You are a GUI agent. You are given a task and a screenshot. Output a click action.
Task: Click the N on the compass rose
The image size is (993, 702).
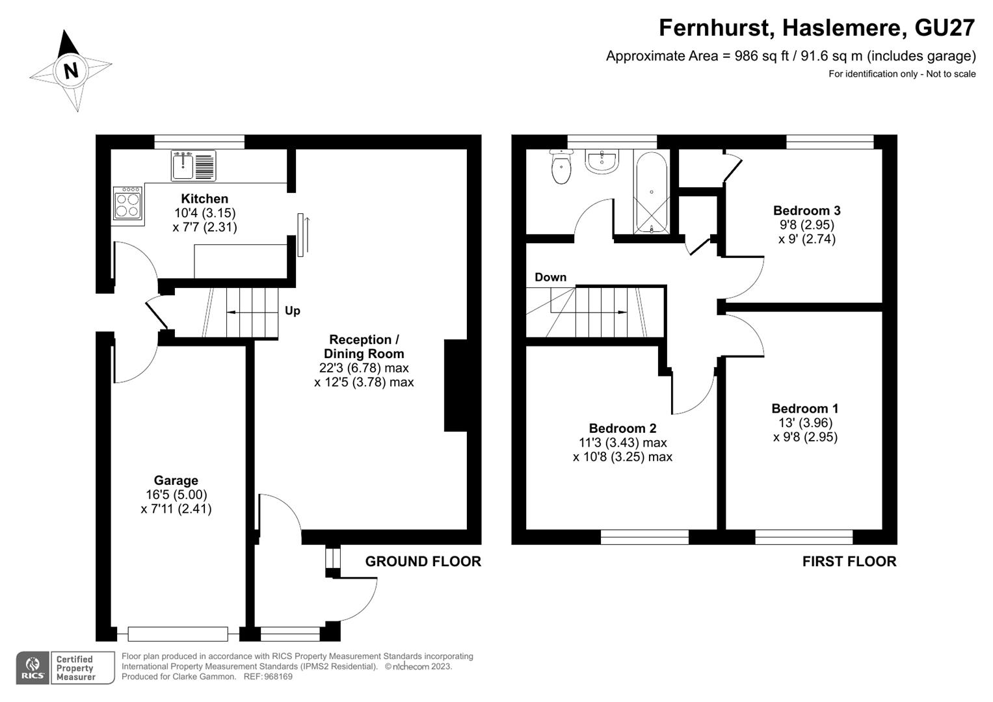[x=71, y=70]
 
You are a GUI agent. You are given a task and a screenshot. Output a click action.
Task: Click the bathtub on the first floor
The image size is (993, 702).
[x=651, y=192]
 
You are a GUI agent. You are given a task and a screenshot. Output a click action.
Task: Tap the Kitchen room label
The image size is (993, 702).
[x=204, y=199]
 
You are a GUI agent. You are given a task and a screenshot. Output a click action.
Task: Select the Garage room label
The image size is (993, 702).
[x=176, y=480]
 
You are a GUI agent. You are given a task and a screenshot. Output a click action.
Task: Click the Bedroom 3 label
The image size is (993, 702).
[x=806, y=211]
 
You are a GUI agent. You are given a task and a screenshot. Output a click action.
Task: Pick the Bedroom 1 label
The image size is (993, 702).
[x=804, y=408]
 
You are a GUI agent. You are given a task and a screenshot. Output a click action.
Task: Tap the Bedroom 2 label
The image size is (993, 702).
[x=622, y=428]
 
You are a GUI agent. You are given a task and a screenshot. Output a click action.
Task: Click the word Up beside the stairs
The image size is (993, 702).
[x=293, y=311]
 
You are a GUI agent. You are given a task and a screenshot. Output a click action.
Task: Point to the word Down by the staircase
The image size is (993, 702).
[x=550, y=278]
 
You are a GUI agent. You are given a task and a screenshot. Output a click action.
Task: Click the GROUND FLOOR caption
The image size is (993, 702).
[x=423, y=562]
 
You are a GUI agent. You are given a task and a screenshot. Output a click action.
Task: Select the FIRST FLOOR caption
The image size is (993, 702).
[x=849, y=562]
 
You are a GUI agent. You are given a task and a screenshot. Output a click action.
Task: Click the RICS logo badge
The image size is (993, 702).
[x=33, y=668]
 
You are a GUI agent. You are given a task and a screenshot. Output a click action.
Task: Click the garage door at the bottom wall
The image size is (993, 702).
[x=178, y=633]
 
